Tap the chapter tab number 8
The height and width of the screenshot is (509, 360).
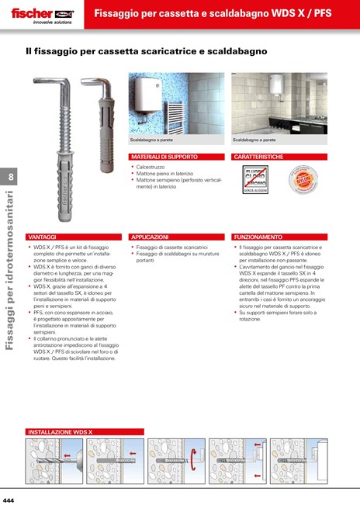click(11, 177)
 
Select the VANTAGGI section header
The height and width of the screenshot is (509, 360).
click(42, 236)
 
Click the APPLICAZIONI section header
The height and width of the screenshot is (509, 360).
click(150, 236)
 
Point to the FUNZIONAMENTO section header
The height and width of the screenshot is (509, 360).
click(258, 236)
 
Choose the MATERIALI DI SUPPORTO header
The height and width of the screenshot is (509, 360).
click(164, 157)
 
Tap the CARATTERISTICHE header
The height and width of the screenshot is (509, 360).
click(258, 157)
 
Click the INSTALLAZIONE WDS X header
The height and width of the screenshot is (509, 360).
click(60, 431)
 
